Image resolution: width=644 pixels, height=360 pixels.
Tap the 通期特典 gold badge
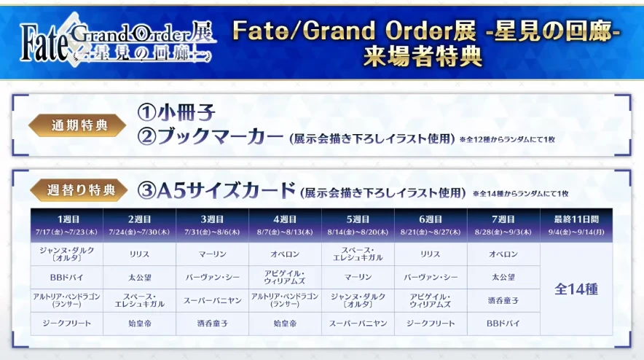tap(79, 125)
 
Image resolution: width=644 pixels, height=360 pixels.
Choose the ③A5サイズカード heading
tap(216, 192)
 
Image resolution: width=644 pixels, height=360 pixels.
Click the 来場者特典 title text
tap(423, 57)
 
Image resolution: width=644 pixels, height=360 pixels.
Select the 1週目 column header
tap(66, 219)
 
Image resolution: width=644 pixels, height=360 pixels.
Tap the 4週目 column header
tap(285, 219)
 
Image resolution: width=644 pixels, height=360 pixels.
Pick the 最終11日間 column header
tap(576, 219)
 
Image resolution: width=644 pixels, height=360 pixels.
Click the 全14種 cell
tap(576, 289)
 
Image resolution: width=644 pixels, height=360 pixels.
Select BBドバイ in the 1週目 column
tap(66, 277)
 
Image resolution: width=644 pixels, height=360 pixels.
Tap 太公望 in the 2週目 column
tap(139, 277)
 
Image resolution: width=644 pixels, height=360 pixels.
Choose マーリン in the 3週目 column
tap(212, 254)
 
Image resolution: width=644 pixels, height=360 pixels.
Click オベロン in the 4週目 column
tap(285, 254)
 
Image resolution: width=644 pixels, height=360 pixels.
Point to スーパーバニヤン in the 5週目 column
tap(358, 322)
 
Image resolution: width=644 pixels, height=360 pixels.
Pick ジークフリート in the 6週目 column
tap(431, 322)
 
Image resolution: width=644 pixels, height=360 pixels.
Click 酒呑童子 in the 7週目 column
tap(503, 300)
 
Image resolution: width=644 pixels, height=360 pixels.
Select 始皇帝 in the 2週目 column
tap(139, 322)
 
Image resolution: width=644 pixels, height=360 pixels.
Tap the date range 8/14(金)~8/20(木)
tap(358, 231)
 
